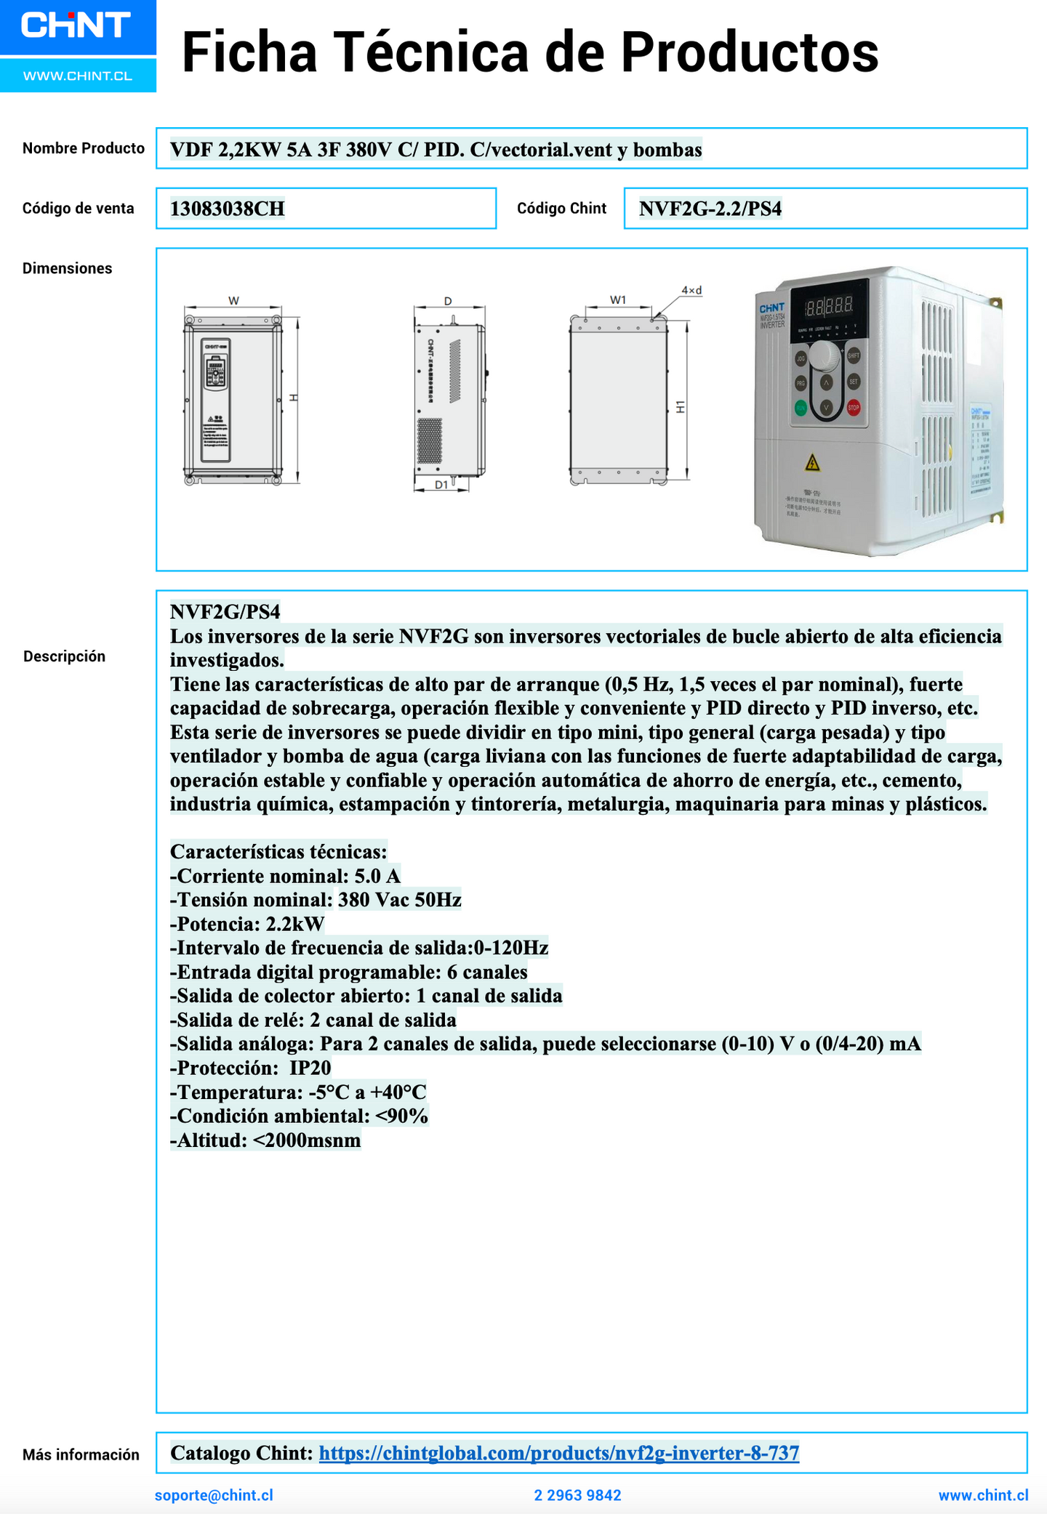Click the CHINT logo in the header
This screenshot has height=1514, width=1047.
pos(76,25)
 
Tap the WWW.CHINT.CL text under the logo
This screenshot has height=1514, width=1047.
pos(78,76)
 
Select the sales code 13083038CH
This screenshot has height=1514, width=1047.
pos(228,209)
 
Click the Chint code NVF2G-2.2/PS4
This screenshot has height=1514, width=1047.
pos(710,209)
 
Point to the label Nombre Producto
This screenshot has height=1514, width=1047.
pos(84,148)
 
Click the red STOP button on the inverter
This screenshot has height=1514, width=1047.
pos(854,408)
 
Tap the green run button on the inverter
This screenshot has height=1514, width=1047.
pos(801,408)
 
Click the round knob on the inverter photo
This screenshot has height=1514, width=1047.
pos(825,356)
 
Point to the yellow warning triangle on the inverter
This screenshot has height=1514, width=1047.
pos(812,462)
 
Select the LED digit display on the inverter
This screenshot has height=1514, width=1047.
pos(829,307)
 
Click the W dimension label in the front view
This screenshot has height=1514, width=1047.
pos(233,301)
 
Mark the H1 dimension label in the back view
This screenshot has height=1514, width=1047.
pos(681,407)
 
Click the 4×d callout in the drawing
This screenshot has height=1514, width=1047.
pos(691,291)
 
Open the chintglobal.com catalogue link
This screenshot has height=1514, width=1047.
pos(559,1453)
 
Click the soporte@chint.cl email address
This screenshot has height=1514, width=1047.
pos(214,1495)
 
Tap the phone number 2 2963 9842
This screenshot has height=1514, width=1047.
pos(577,1495)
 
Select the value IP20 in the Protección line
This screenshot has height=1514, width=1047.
pos(310,1068)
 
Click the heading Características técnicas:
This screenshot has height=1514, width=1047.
pos(278,852)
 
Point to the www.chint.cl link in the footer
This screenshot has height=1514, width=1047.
pos(983,1495)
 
